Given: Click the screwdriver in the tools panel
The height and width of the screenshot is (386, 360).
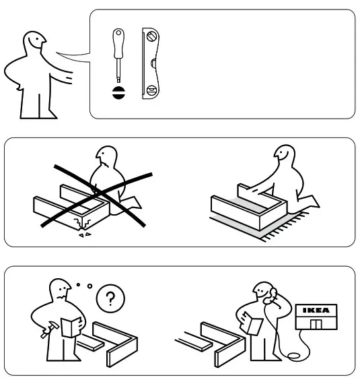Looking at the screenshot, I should tap(118, 57).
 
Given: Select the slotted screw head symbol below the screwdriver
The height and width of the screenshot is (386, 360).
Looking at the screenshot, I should tap(118, 93).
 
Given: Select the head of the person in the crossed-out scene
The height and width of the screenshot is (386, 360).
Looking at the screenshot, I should tap(106, 160).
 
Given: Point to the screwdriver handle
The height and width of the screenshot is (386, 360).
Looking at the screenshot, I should tap(118, 41).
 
